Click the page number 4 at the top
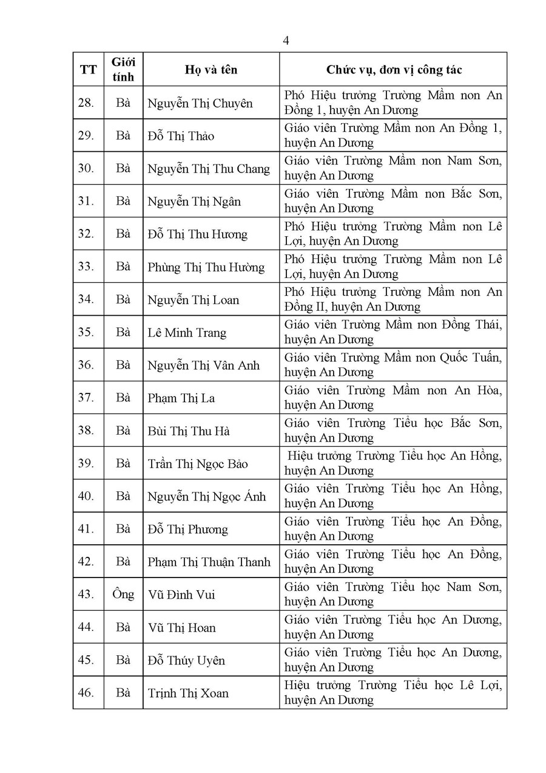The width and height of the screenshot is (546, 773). [x=286, y=41]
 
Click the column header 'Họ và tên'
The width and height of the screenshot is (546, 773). [x=211, y=70]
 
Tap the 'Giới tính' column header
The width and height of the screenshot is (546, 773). [x=123, y=70]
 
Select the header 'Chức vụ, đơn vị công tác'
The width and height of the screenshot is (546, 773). [x=394, y=70]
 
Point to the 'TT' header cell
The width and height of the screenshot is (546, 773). [x=88, y=70]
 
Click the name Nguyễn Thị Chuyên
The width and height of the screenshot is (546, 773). [x=200, y=103]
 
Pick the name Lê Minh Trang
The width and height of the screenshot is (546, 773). [x=187, y=333]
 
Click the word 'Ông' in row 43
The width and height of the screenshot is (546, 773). [x=123, y=594]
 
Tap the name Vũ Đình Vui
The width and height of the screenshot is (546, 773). [x=181, y=595]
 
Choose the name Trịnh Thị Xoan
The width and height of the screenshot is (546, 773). [x=188, y=693]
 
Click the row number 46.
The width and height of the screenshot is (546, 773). [x=86, y=693]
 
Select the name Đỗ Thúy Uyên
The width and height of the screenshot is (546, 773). [x=186, y=661]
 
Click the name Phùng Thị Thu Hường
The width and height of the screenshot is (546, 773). [x=206, y=267]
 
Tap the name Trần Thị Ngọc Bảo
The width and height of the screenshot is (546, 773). [x=198, y=464]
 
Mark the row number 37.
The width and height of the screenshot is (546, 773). [x=86, y=398]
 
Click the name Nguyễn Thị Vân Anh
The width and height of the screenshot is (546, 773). [x=203, y=366]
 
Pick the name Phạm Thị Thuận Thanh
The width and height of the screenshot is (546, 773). [x=209, y=562]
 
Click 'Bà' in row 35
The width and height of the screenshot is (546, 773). [x=123, y=332]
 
